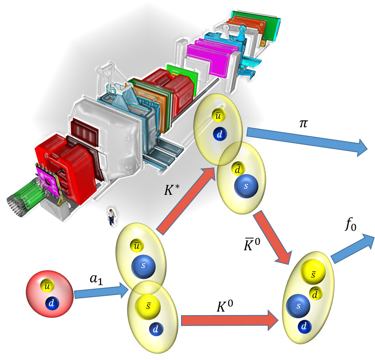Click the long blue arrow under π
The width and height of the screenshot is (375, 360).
click(x=308, y=143)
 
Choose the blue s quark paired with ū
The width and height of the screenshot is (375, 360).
click(x=143, y=266)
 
